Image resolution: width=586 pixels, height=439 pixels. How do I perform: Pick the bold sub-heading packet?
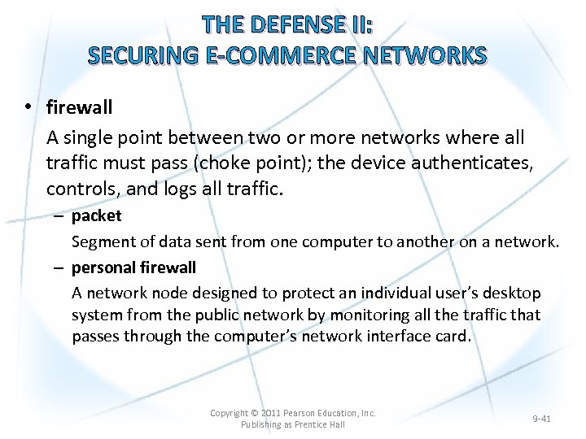click(x=96, y=215)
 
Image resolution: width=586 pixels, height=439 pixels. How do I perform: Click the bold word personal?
click(x=102, y=267)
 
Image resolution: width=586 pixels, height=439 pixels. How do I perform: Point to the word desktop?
click(x=514, y=293)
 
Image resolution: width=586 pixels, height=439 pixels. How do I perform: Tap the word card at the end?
click(x=453, y=337)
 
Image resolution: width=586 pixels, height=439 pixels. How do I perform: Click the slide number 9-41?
click(x=541, y=419)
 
